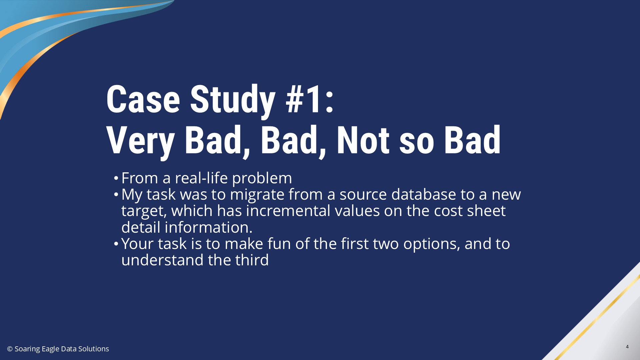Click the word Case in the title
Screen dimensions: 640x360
pyautogui.click(x=143, y=99)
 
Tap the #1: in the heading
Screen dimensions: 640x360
pyautogui.click(x=309, y=99)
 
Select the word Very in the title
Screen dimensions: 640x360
pyautogui.click(x=140, y=141)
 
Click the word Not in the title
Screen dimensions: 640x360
pyautogui.click(x=363, y=140)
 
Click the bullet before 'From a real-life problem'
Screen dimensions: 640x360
pyautogui.click(x=116, y=178)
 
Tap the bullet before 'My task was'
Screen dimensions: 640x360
pyautogui.click(x=116, y=194)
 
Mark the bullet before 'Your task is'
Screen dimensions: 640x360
pyautogui.click(x=116, y=244)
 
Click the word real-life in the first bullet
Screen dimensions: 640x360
pyautogui.click(x=201, y=178)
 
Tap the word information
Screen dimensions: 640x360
pyautogui.click(x=209, y=227)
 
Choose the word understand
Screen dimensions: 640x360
pyautogui.click(x=162, y=260)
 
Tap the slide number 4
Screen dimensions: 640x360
pyautogui.click(x=627, y=347)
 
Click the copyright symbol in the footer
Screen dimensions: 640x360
pyautogui.click(x=10, y=349)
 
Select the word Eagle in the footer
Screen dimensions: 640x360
pyautogui.click(x=51, y=349)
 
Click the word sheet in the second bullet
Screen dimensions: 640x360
pyautogui.click(x=486, y=211)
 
